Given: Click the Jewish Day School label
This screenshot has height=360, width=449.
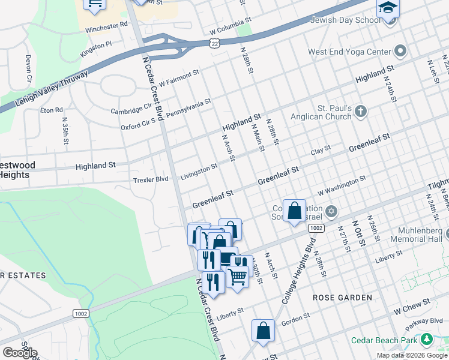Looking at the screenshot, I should pyautogui.click(x=345, y=20).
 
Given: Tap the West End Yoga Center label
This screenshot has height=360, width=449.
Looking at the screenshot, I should pyautogui.click(x=349, y=52).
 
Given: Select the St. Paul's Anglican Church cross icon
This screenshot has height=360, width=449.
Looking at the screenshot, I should pyautogui.click(x=360, y=111).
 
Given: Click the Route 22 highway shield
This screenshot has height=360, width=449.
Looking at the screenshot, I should pyautogui.click(x=215, y=43).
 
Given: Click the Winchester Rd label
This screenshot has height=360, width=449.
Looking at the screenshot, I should pyautogui.click(x=107, y=25).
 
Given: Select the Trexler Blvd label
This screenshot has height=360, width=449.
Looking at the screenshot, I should pyautogui.click(x=151, y=179).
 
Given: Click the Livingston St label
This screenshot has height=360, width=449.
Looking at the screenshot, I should pyautogui.click(x=199, y=172).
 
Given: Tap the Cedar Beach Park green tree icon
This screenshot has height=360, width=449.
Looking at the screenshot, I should pyautogui.click(x=427, y=340).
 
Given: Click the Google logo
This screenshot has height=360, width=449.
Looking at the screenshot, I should pyautogui.click(x=20, y=353).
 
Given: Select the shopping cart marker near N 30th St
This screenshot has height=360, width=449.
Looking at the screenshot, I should pyautogui.click(x=238, y=277).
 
